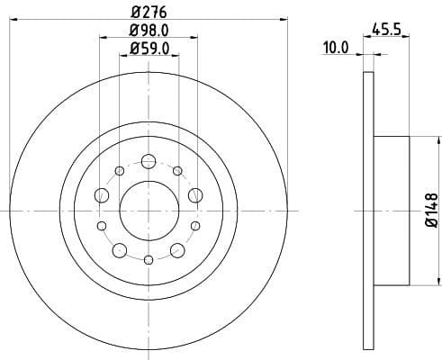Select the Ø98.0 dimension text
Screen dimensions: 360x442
click(148, 31)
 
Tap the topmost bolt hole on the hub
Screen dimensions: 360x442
click(148, 161)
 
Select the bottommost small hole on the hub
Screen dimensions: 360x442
click(148, 260)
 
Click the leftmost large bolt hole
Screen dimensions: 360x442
click(102, 195)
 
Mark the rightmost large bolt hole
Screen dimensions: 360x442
click(194, 195)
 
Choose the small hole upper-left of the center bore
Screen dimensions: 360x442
click(119, 171)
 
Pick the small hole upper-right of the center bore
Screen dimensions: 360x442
click(177, 171)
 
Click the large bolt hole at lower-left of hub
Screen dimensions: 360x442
click(120, 249)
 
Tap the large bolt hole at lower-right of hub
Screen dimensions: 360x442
click(176, 249)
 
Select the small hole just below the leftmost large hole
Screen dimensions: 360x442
click(101, 225)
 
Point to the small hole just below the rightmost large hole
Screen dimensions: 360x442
click(194, 225)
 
